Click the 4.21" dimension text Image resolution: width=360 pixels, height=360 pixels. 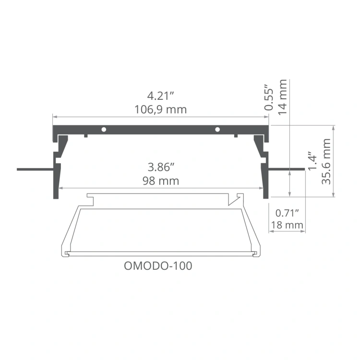pyautogui.click(x=161, y=96)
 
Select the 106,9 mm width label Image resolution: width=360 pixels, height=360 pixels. pyautogui.click(x=161, y=109)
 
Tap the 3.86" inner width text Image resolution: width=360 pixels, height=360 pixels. pyautogui.click(x=161, y=168)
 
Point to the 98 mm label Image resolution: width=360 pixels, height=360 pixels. pyautogui.click(x=161, y=181)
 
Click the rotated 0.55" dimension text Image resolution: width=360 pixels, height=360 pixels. pyautogui.click(x=269, y=99)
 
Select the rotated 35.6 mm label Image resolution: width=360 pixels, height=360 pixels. pyautogui.click(x=326, y=161)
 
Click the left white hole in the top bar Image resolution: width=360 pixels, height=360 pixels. pyautogui.click(x=104, y=129)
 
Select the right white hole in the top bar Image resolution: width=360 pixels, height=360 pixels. pyautogui.click(x=217, y=129)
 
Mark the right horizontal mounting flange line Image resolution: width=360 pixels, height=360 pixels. pyautogui.click(x=287, y=169)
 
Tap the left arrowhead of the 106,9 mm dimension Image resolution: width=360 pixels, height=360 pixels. pyautogui.click(x=54, y=117)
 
